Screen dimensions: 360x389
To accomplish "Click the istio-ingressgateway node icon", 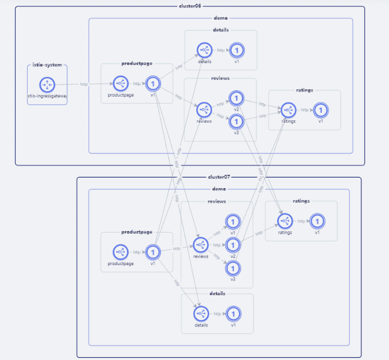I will point(47,85).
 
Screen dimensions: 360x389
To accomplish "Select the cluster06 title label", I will point(190,6).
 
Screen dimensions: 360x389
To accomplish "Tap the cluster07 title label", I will point(219,177).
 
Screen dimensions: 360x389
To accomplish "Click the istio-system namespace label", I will point(47,65).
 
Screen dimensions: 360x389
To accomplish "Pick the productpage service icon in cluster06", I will point(120,84).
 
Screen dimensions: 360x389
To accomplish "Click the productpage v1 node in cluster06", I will point(152,84).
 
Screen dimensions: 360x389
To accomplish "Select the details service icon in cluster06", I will point(203,50).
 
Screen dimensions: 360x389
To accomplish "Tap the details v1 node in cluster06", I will point(236,50).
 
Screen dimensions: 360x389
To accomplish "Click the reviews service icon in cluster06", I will point(204,109).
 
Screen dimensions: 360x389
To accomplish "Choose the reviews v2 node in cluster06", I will point(236,98).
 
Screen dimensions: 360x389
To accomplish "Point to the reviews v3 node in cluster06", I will point(236,122).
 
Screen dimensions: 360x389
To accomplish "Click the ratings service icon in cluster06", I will point(288,109).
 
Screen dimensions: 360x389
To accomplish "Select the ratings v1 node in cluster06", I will point(320,109).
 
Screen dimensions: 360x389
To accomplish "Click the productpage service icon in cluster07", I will point(120,252).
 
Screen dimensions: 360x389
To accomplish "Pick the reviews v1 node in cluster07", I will point(233,222).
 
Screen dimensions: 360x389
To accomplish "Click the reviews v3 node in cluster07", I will point(233,268).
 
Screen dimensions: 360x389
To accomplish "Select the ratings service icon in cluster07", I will point(285,221).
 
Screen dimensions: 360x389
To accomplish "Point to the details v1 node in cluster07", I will point(233,314).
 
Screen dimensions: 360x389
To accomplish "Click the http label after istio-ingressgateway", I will point(85,85).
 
